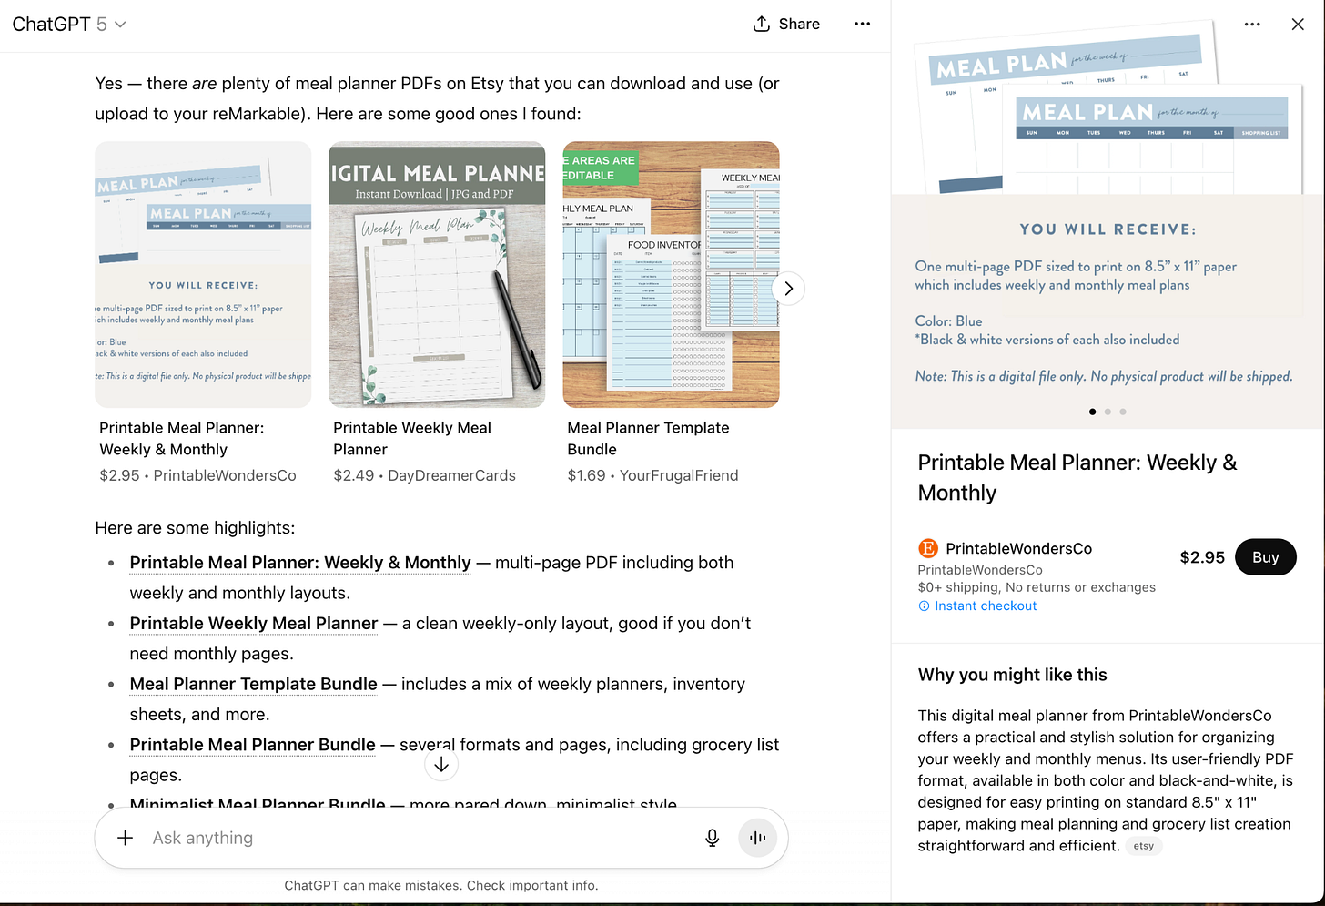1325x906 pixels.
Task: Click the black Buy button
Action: click(x=1265, y=557)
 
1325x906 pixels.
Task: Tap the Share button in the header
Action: click(x=786, y=24)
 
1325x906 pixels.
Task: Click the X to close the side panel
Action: click(x=1298, y=25)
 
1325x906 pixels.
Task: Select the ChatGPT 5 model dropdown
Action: click(x=69, y=25)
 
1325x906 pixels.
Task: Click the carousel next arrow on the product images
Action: click(x=788, y=289)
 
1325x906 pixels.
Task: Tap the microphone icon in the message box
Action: click(x=713, y=838)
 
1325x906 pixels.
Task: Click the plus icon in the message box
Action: click(x=126, y=838)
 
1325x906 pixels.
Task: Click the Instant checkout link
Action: click(x=985, y=606)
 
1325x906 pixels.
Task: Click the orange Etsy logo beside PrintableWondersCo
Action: click(x=927, y=548)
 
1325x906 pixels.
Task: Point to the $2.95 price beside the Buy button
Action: click(x=1202, y=557)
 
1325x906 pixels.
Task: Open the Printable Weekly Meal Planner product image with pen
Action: click(x=437, y=274)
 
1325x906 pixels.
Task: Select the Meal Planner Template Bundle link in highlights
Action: click(x=253, y=684)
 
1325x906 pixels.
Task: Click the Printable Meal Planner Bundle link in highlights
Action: click(x=252, y=745)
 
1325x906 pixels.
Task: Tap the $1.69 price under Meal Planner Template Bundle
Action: click(x=586, y=475)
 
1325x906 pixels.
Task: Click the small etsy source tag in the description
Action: click(x=1143, y=846)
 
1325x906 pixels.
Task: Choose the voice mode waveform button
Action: click(x=757, y=838)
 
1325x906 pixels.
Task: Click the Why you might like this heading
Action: click(x=1012, y=675)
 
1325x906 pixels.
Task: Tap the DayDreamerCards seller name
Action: click(x=451, y=475)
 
